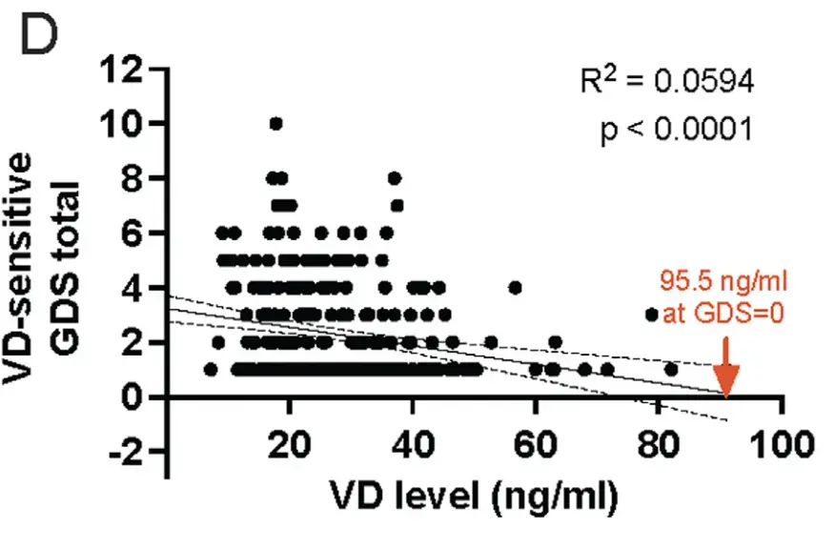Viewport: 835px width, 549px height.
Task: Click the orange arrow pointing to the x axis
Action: (x=727, y=375)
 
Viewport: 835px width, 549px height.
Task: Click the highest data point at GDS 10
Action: (x=276, y=123)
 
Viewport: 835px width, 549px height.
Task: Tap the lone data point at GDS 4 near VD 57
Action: (x=516, y=287)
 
